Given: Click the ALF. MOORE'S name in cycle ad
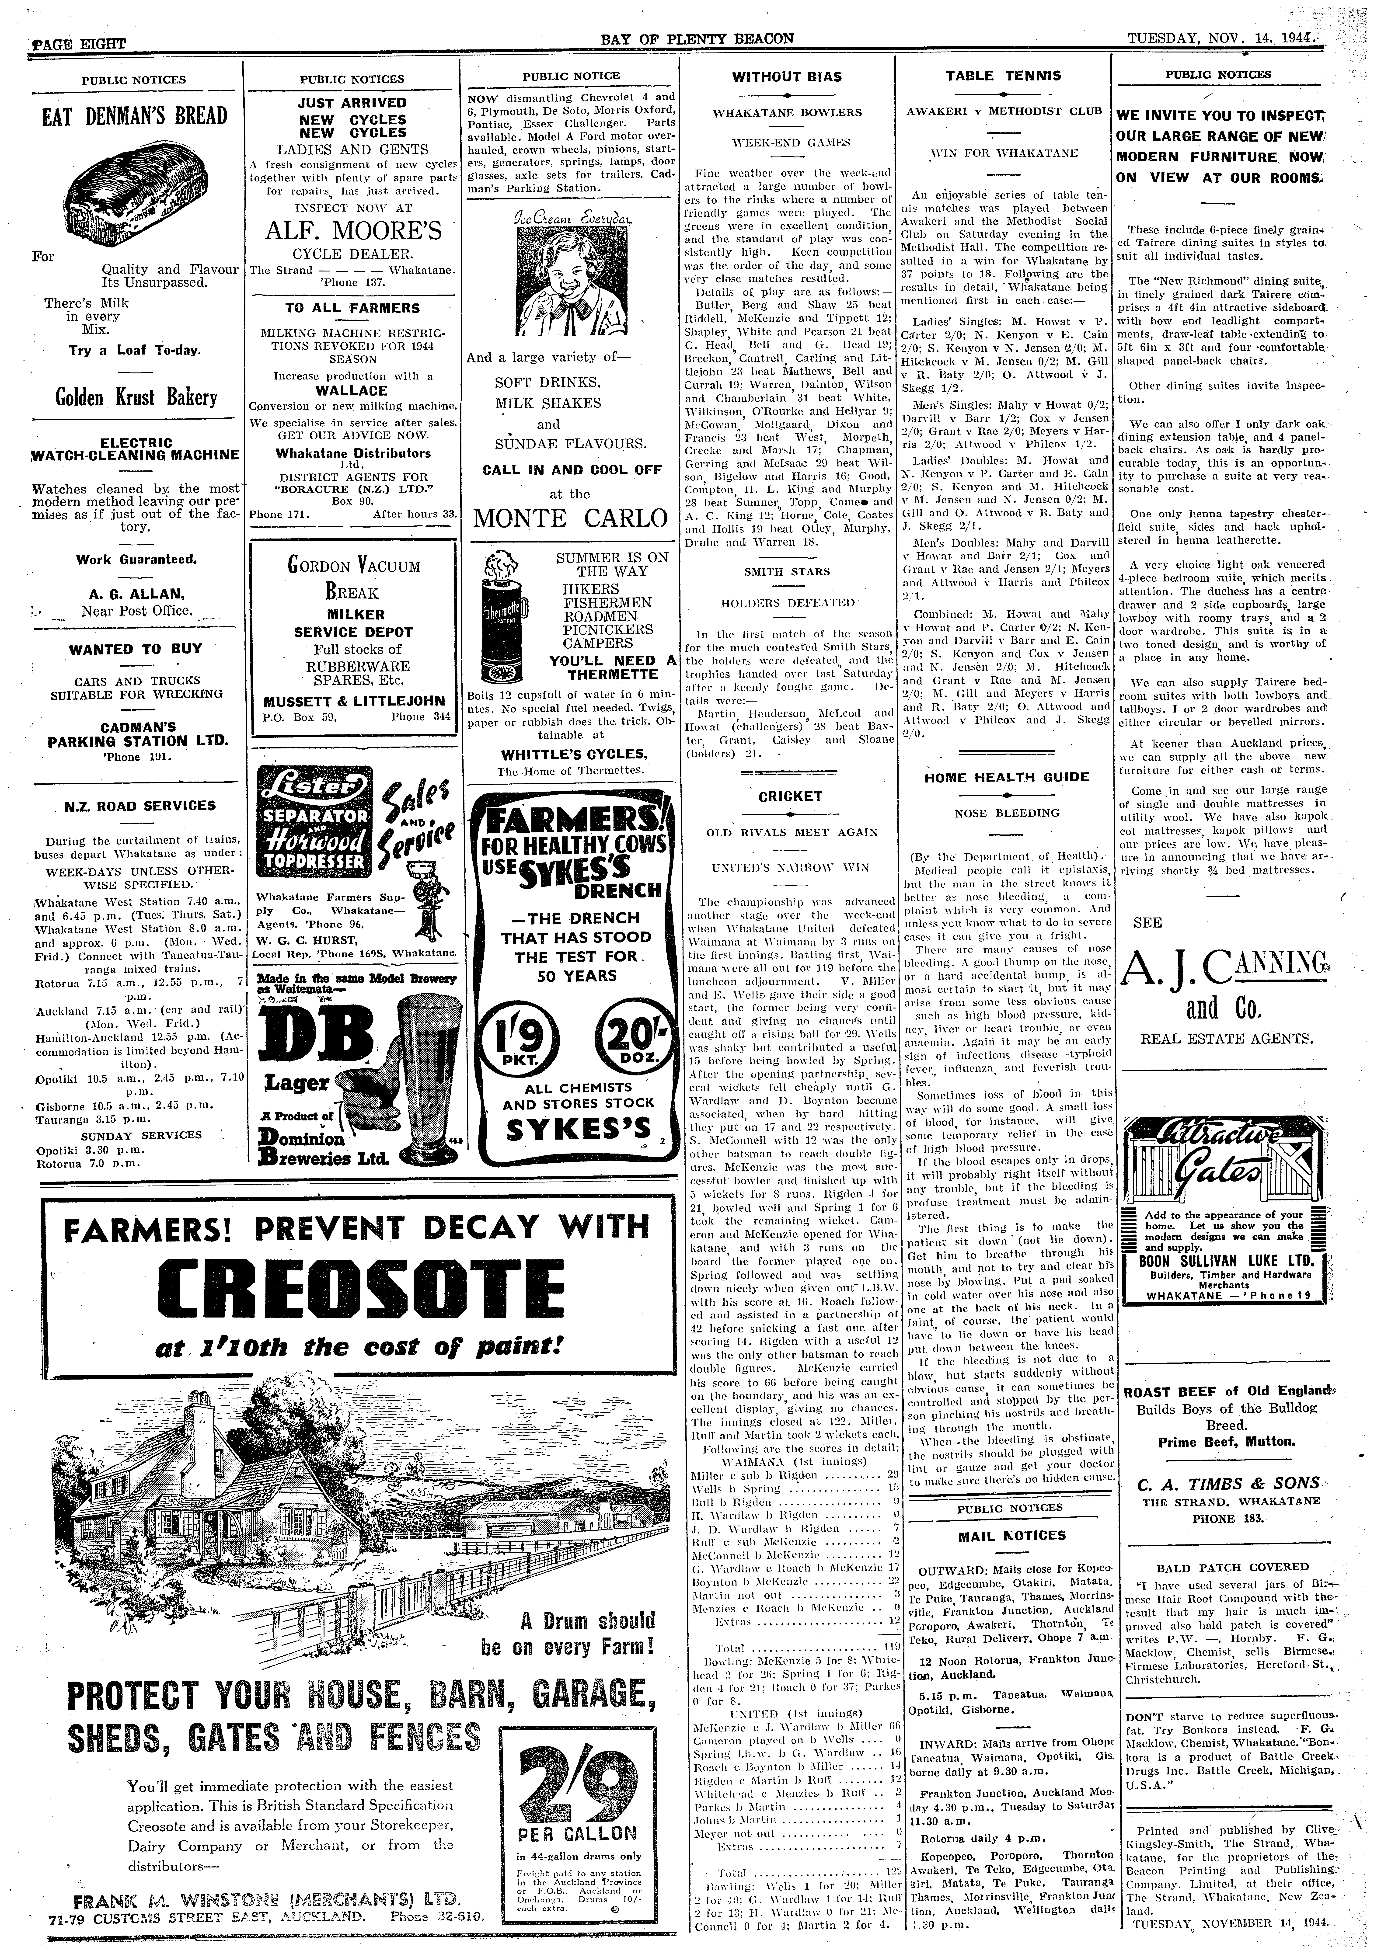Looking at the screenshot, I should pyautogui.click(x=352, y=232).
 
